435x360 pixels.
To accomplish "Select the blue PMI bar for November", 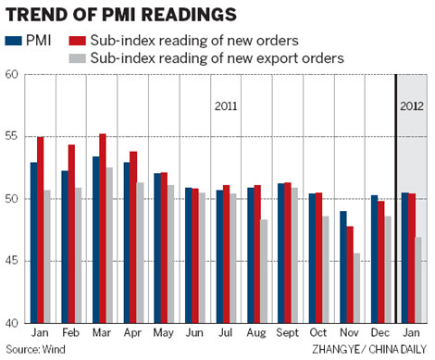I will click(318, 267).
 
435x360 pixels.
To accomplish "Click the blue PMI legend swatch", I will click(12, 41).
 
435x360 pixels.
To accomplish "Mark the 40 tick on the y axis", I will click(12, 324).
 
